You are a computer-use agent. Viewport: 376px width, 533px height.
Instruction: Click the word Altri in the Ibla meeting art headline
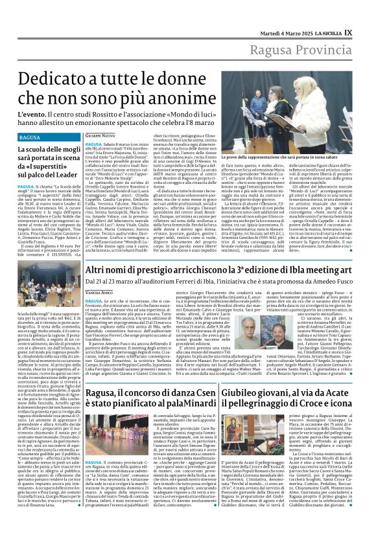point(98,267)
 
